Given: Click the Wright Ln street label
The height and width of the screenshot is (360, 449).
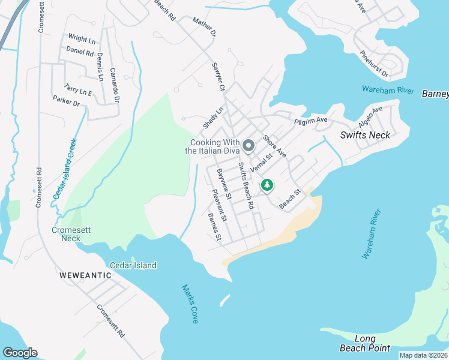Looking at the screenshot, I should pos(82,40).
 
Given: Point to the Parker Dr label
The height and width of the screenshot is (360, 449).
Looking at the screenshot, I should pos(66,100).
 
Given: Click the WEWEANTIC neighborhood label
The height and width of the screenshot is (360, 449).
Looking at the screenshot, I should pos(85,275).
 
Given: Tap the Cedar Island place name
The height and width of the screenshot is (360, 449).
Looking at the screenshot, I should pos(133,265).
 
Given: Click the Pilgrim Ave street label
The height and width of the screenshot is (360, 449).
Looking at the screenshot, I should pos(311,121).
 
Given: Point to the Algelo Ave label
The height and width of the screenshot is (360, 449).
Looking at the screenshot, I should pos(370,116).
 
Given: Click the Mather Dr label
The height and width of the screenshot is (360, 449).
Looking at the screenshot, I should pos(204,28).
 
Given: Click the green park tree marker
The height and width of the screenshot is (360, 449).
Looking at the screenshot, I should pos(267,186).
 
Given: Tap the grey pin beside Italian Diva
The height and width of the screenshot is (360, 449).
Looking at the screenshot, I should pos(248,146).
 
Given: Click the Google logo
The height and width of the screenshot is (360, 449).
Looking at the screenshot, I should pos(20,353).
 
